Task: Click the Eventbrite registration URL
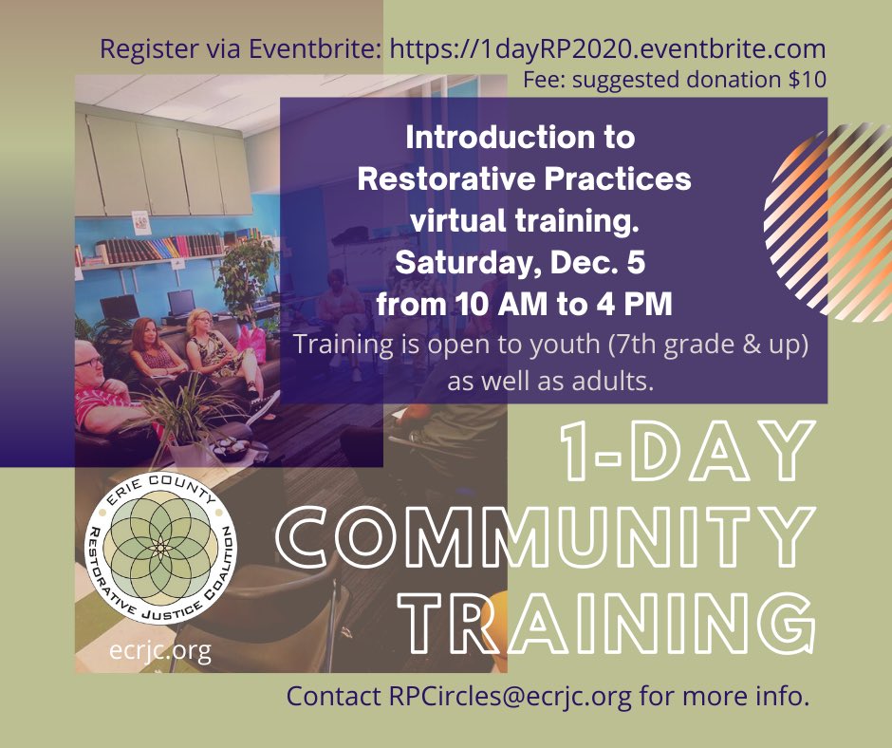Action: point(607,49)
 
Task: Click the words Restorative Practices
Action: point(524,178)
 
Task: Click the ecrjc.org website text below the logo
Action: point(160,652)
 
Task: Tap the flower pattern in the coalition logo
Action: point(160,550)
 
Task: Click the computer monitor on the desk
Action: point(179,303)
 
